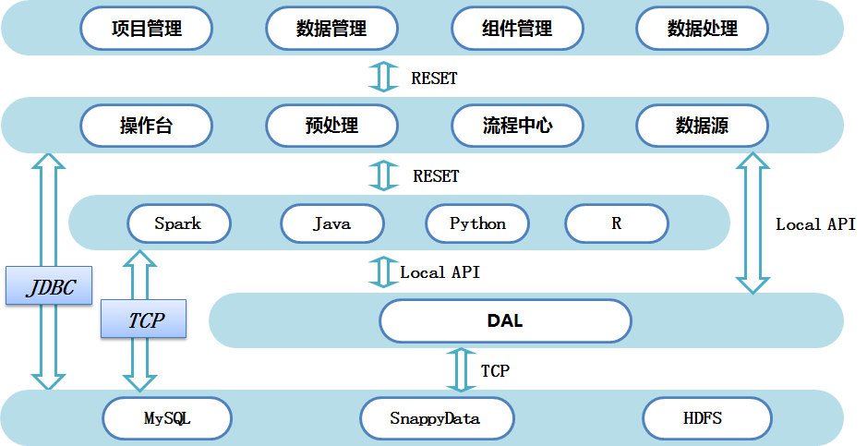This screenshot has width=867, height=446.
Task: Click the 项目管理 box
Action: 147,29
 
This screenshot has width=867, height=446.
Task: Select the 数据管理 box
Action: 331,29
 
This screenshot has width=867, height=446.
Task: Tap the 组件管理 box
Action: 518,29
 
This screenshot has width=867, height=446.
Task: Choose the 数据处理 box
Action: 703,29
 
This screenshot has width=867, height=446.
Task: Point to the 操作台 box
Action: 147,126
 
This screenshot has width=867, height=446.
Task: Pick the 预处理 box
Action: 331,126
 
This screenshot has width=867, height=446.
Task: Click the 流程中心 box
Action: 518,126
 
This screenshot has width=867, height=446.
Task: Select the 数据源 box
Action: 703,126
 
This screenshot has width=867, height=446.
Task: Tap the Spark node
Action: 179,223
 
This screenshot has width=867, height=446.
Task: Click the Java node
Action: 332,223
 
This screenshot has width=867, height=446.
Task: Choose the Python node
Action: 477,223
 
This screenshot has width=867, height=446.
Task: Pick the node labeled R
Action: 617,223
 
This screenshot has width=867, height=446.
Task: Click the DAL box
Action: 505,320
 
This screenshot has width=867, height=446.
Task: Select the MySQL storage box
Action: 167,417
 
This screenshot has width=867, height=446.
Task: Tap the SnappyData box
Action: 437,417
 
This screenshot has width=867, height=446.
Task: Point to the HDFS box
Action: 707,417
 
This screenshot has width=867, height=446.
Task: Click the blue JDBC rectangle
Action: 49,285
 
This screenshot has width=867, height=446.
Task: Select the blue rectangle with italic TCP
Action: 143,319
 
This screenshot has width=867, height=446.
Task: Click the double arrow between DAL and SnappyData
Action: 461,369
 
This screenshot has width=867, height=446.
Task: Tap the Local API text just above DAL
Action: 440,271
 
